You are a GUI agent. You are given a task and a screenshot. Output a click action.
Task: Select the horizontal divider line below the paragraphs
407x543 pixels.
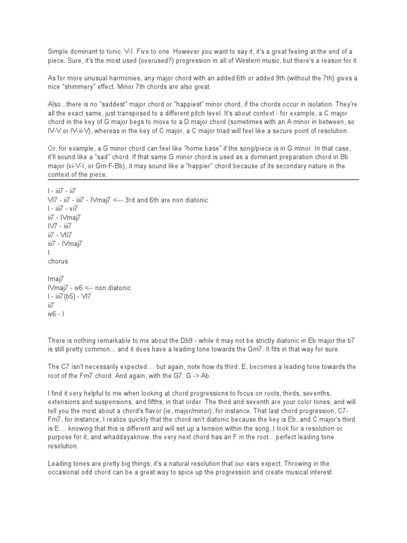203,180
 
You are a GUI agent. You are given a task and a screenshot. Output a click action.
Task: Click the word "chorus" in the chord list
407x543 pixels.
58,261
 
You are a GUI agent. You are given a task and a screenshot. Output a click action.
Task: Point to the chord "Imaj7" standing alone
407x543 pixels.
57,279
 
